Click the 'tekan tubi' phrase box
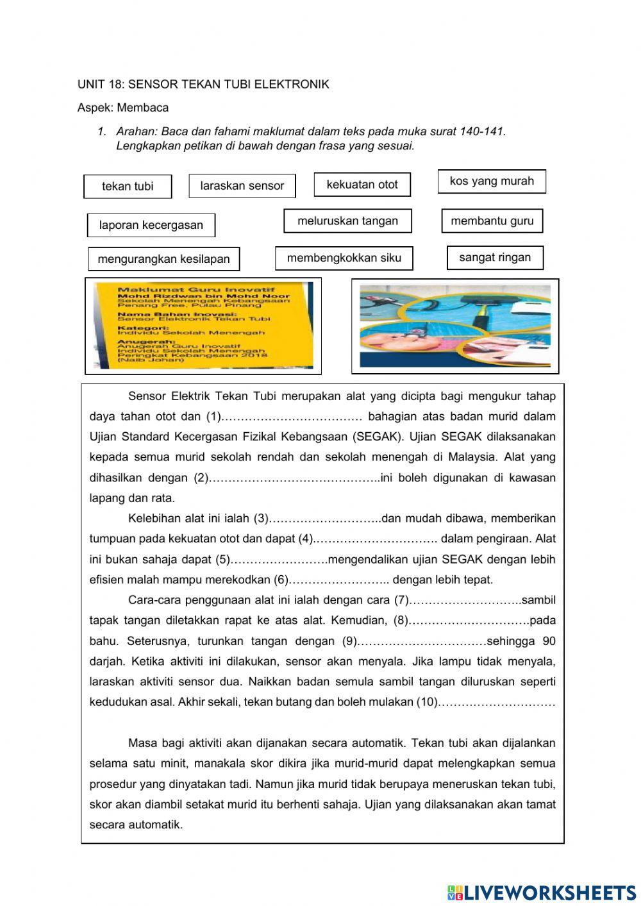point(128,187)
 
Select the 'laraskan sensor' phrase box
point(242,186)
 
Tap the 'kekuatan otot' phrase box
point(362,185)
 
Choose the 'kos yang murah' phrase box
point(492,181)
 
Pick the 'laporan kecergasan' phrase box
point(151,225)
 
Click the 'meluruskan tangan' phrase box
point(347,221)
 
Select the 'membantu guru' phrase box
point(492,221)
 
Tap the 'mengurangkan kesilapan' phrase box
point(163,259)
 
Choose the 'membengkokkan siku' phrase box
point(344,258)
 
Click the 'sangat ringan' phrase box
point(495,258)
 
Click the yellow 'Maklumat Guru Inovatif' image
point(203,326)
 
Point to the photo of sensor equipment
point(454,326)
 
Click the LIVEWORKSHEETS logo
point(542,892)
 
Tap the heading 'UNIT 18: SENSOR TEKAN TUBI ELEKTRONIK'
point(203,85)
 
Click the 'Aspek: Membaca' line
point(123,108)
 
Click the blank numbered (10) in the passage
point(497,703)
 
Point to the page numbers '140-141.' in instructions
point(483,131)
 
